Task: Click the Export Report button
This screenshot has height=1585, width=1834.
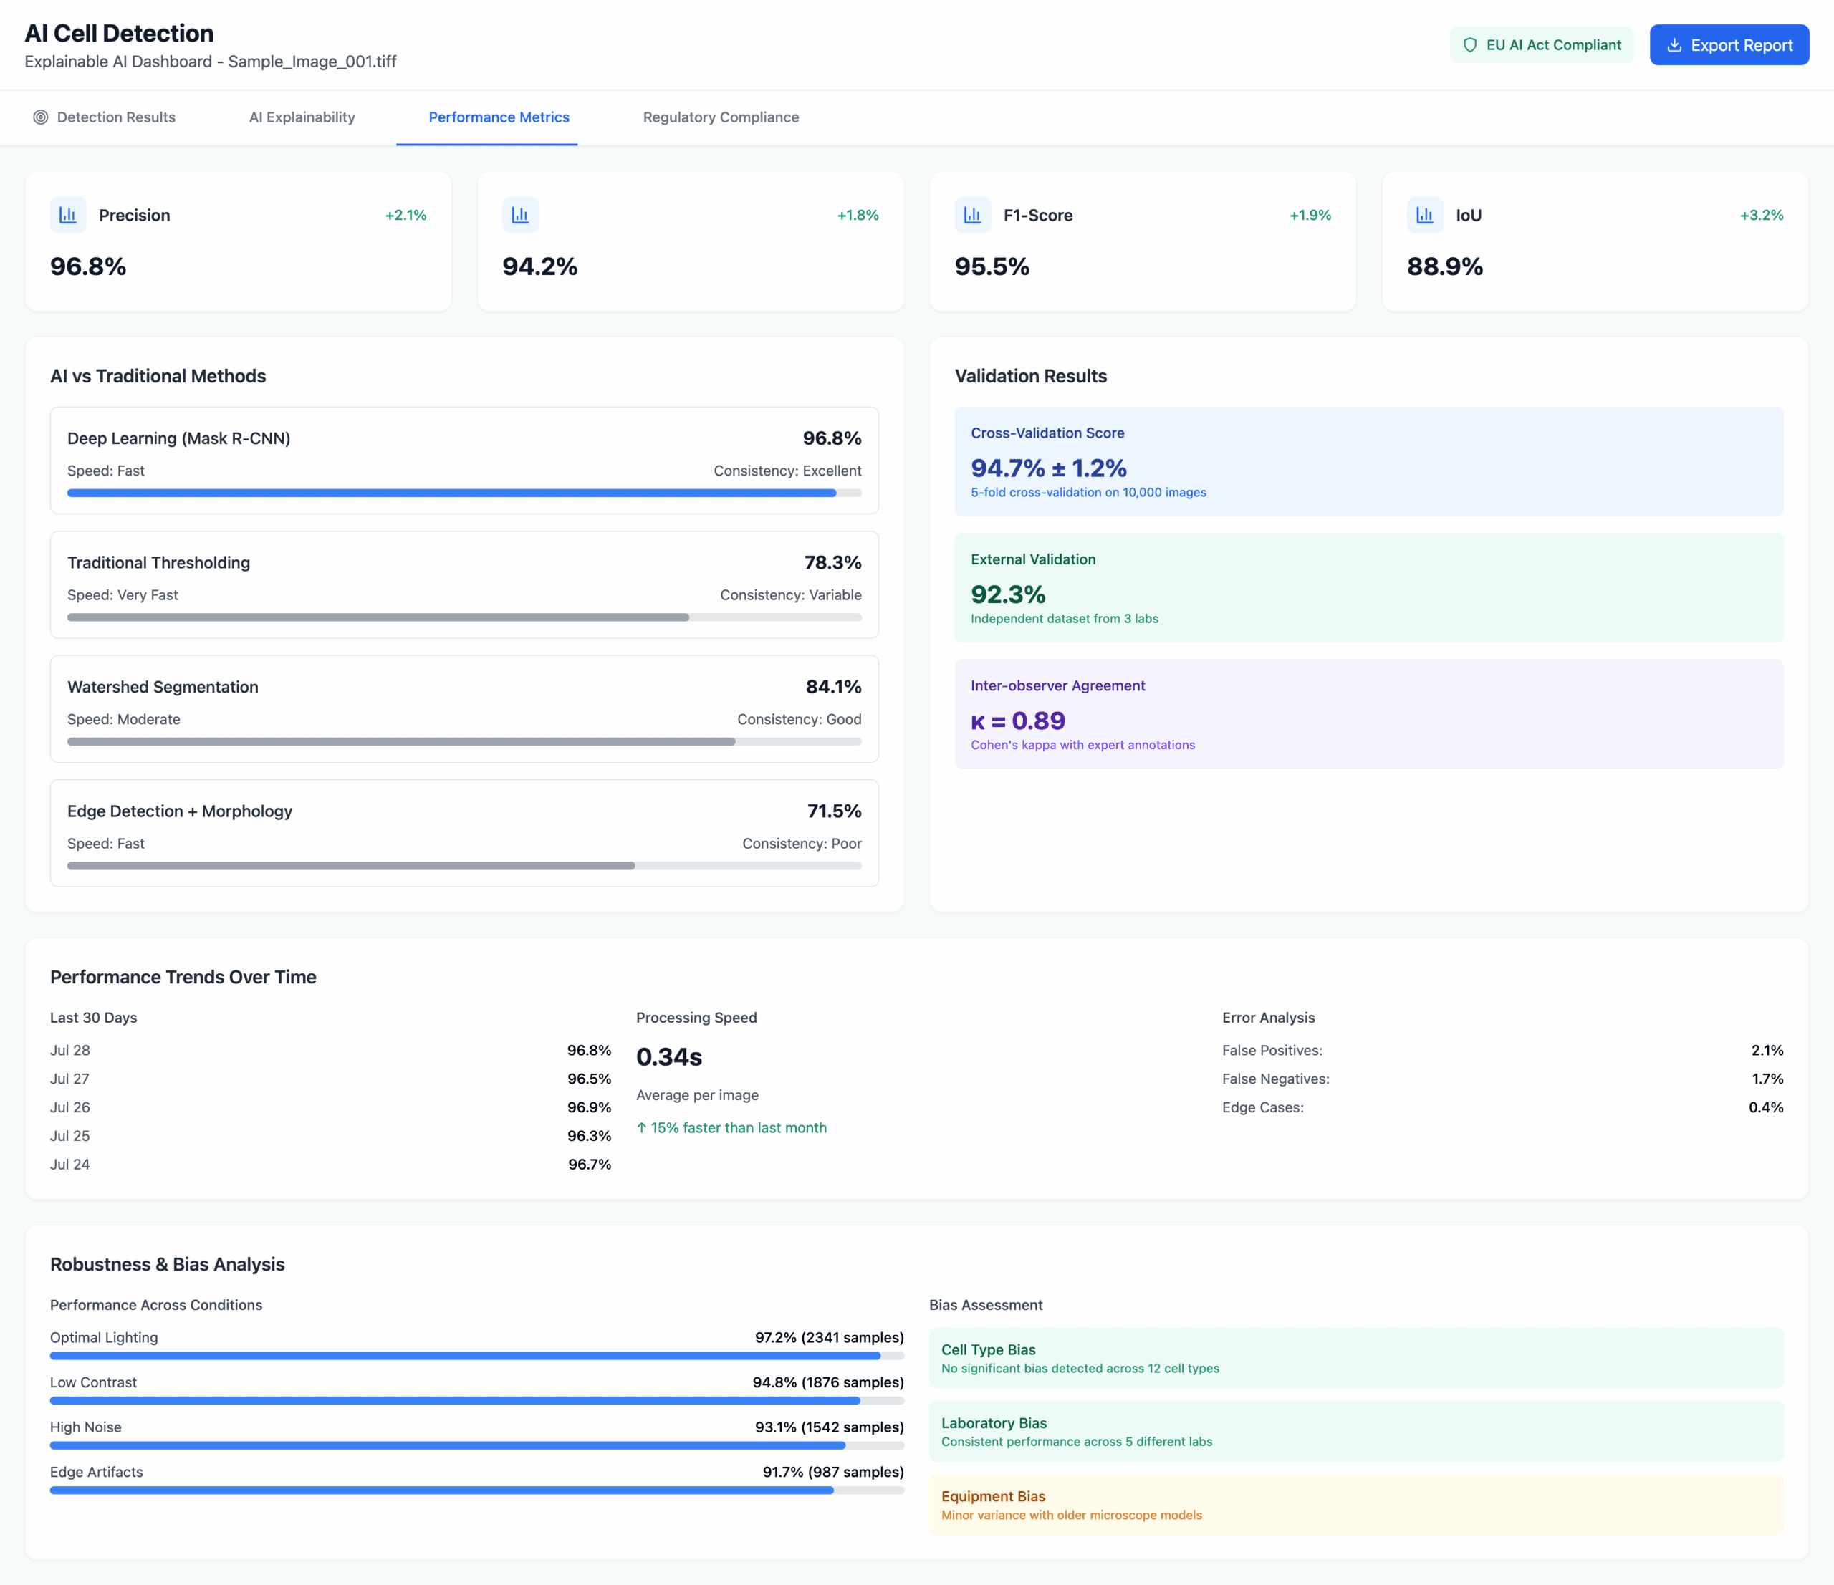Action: coord(1728,45)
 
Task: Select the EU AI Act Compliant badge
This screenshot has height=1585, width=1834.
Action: coord(1541,45)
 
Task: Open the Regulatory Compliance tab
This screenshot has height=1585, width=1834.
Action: coord(721,117)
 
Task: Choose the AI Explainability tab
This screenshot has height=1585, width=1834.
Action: coord(302,117)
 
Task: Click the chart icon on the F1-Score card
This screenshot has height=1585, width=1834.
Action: coord(972,215)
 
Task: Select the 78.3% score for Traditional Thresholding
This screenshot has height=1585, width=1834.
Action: coord(832,563)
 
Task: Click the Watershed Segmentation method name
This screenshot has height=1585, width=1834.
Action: coord(163,687)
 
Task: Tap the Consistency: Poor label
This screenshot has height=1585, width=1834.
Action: coord(801,844)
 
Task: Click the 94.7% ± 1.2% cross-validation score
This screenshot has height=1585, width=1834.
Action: coord(1048,468)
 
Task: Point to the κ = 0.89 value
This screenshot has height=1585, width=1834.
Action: coord(1017,721)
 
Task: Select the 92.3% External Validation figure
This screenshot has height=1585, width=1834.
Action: coord(1007,594)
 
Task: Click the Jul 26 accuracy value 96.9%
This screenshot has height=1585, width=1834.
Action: coord(589,1107)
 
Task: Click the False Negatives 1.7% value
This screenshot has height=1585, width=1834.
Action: coord(1767,1079)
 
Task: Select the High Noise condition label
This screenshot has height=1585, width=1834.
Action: coord(86,1427)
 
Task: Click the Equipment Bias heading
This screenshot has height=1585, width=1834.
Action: coord(992,1495)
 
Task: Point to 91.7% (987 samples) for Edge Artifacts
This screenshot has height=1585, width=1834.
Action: coord(832,1472)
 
